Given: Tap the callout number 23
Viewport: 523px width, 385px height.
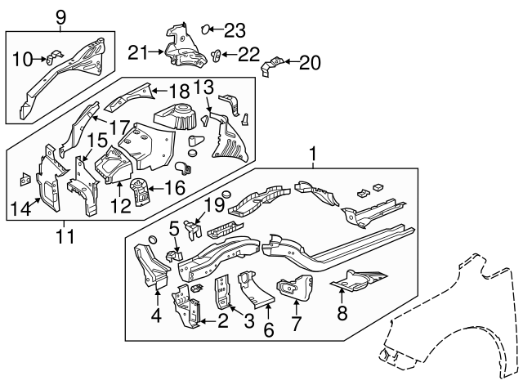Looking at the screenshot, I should point(235,31).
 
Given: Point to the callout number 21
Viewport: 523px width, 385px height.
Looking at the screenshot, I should point(138,52).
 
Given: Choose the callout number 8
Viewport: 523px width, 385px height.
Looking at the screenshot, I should point(342,313).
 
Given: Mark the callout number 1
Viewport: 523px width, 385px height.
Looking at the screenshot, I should point(311,152).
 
